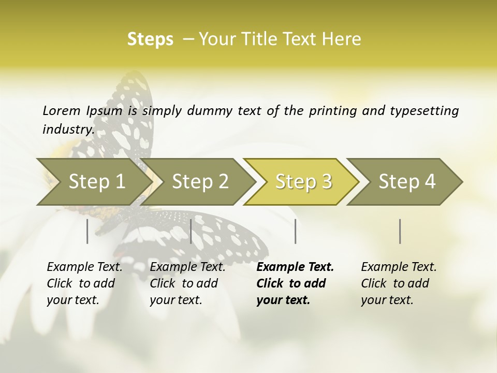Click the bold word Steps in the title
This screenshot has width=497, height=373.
[x=150, y=39]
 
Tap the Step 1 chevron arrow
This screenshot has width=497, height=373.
[x=97, y=181]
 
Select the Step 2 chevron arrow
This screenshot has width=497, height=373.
[x=200, y=181]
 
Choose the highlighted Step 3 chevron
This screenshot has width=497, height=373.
[x=303, y=181]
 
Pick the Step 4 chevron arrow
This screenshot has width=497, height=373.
[x=407, y=181]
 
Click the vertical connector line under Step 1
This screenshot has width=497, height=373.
[x=87, y=231]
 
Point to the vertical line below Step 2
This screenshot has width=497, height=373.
[x=191, y=231]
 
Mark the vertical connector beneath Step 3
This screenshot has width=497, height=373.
[x=295, y=231]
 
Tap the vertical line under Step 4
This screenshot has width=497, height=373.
[x=400, y=231]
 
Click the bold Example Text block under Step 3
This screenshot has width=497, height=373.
[x=295, y=283]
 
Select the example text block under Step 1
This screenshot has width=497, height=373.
[x=84, y=283]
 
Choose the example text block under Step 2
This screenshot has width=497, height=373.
[x=187, y=283]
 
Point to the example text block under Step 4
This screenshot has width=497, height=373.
[x=399, y=283]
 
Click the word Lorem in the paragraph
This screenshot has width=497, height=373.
[x=62, y=110]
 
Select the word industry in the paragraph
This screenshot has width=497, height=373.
[x=68, y=129]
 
